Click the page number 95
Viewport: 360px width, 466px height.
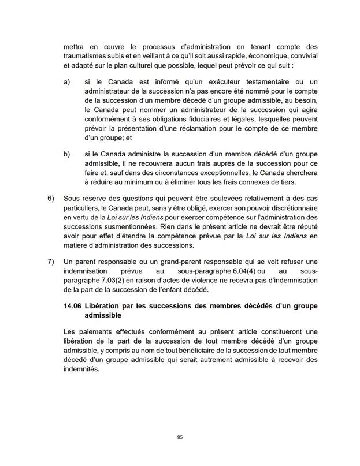[x=180, y=438]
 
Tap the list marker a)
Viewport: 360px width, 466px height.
[x=67, y=83]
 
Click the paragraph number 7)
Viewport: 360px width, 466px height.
[x=50, y=261]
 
